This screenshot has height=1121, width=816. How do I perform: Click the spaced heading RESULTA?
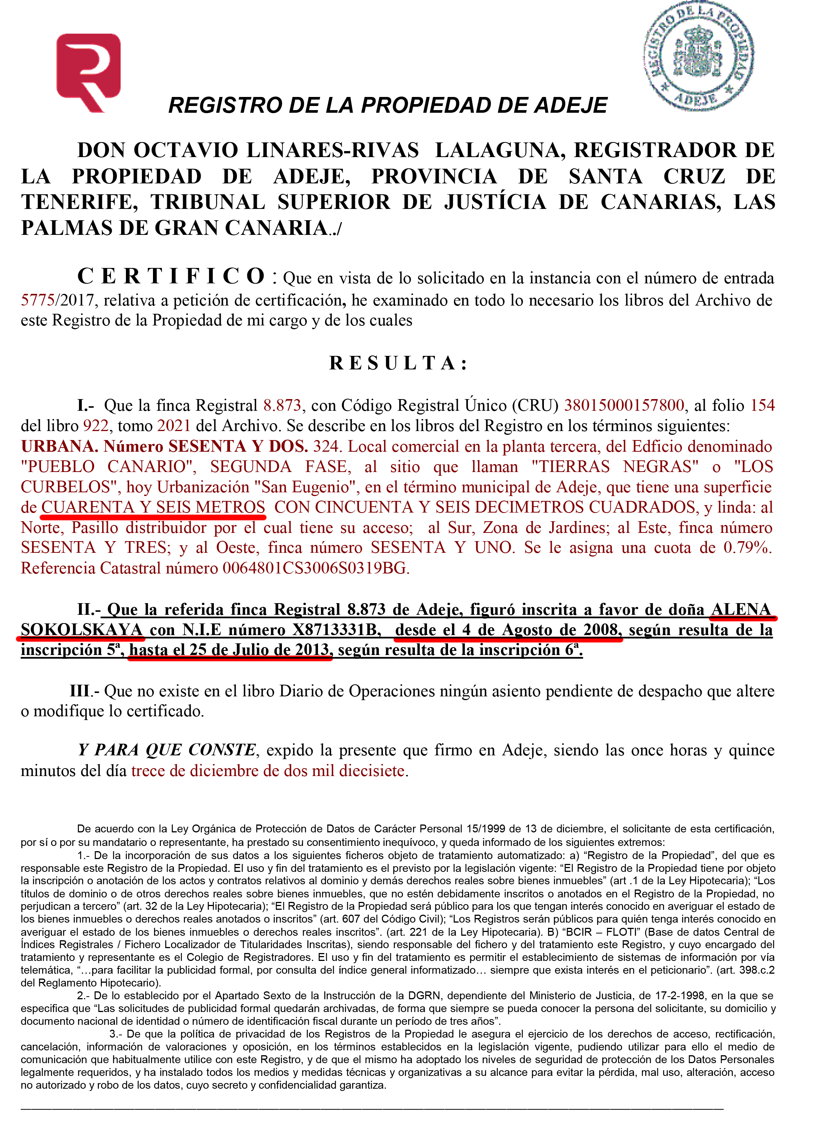coord(398,363)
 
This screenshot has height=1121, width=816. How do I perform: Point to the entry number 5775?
coord(38,300)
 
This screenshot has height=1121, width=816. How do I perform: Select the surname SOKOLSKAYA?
coord(82,630)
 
